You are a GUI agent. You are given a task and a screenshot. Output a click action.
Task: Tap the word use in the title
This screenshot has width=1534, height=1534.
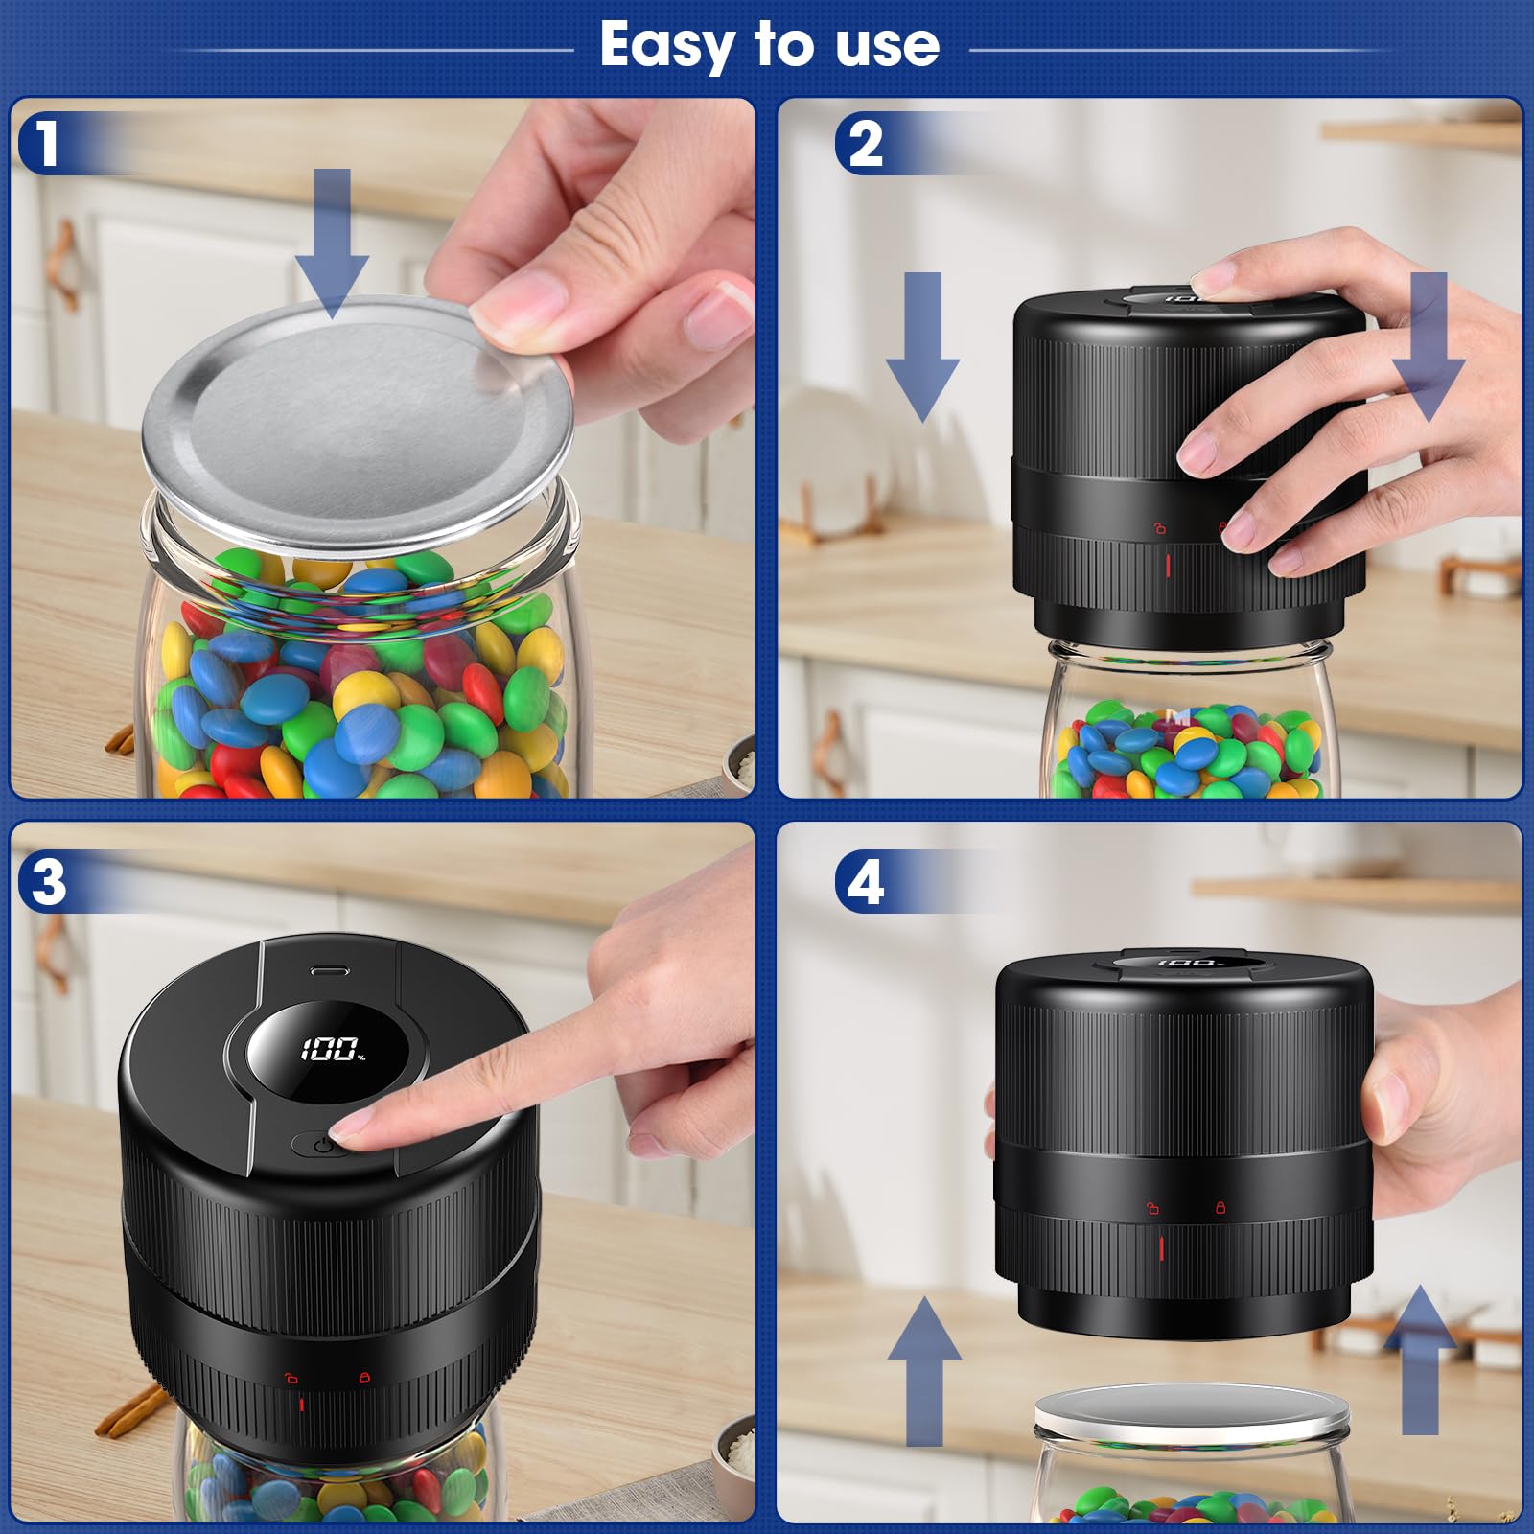click(887, 46)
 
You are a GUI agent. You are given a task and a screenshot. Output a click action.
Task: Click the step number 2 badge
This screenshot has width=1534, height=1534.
click(865, 144)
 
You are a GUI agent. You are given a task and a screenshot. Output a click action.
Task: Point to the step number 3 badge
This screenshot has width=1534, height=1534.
click(48, 882)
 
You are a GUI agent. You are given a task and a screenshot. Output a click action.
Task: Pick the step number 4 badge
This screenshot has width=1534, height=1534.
click(865, 882)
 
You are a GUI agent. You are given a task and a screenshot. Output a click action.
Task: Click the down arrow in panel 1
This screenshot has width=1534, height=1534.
click(332, 244)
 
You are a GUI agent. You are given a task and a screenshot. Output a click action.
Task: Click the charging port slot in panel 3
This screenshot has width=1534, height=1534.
click(330, 971)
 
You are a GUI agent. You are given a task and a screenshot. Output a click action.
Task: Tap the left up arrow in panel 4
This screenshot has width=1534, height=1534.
click(924, 1371)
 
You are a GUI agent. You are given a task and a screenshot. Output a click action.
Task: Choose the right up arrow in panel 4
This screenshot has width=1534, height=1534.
click(1420, 1360)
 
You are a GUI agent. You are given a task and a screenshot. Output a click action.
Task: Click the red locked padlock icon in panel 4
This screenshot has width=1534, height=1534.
click(1220, 1207)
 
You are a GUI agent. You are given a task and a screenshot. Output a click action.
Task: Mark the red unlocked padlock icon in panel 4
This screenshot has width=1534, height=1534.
click(1153, 1208)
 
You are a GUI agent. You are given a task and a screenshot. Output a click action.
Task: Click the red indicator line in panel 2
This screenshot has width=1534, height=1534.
click(1168, 565)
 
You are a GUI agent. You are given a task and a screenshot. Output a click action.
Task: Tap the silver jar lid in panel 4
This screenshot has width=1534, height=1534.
click(1192, 1409)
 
